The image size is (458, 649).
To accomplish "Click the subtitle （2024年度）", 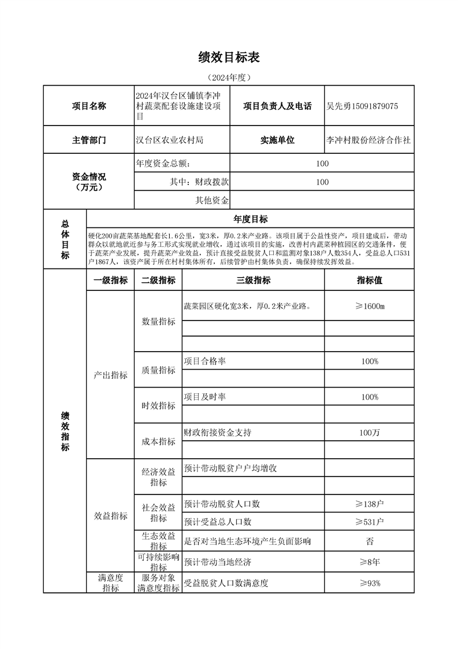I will pos(229,77).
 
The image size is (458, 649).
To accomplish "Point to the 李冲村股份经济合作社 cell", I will pos(368,140).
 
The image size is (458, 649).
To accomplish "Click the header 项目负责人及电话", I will pos(277,106).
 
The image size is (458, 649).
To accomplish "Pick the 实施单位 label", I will pos(277,140).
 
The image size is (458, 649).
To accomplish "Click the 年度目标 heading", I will pos(250,219).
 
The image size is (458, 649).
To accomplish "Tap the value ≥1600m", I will pos(369,305).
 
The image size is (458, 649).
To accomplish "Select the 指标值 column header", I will pos(369,281).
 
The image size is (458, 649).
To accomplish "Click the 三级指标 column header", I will pos(253,281).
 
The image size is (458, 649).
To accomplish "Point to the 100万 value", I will pos(369,432).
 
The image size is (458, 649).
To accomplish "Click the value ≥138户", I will pos(369,504).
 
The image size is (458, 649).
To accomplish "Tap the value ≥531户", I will pos(369,522).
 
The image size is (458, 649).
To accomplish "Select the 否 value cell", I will pos(369,541).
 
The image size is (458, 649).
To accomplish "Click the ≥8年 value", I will pos(369,562).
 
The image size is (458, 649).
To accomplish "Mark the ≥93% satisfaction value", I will pos(369,583).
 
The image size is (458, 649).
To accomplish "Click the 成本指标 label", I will pos(158,441).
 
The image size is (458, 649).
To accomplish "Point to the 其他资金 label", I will pos(212,201).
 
